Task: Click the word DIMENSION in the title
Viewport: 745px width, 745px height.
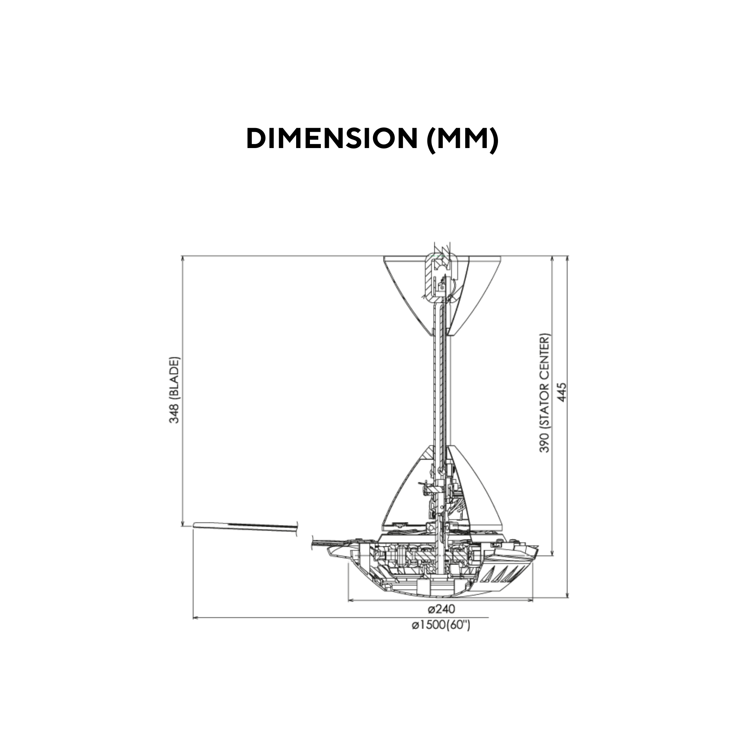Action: click(x=332, y=138)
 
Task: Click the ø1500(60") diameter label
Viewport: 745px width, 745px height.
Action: click(x=441, y=636)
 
